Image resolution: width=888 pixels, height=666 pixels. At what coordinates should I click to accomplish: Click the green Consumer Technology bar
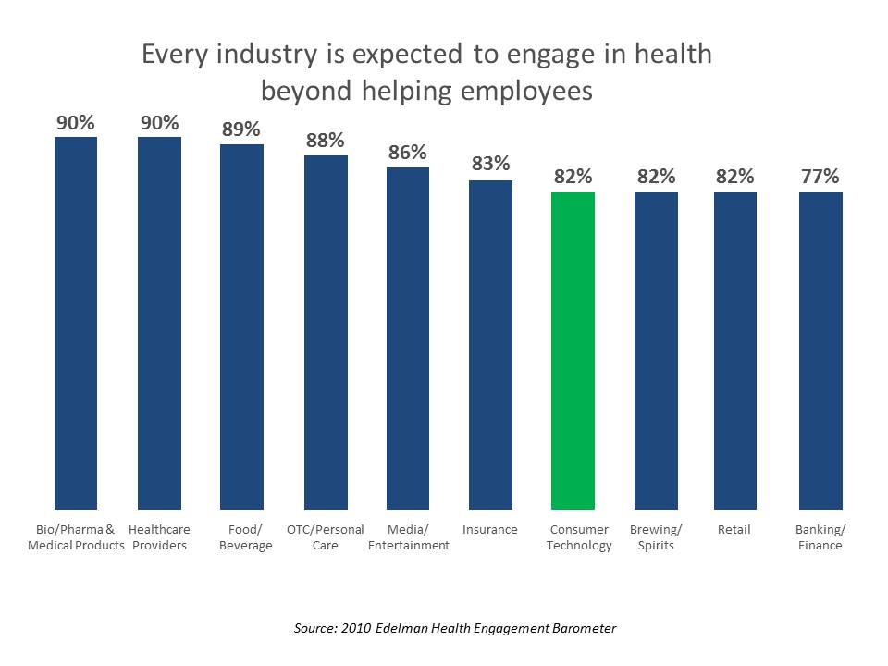point(573,351)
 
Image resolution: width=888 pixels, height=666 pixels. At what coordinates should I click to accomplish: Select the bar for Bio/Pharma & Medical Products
point(76,323)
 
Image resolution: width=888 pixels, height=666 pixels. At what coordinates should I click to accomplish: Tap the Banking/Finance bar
point(820,351)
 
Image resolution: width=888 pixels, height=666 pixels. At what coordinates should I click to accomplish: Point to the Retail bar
point(735,351)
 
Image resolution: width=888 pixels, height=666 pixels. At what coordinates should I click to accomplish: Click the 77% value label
point(820,176)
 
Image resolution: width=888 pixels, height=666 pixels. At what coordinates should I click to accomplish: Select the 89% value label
point(240,129)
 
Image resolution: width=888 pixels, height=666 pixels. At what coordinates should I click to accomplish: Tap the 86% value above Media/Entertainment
point(407,153)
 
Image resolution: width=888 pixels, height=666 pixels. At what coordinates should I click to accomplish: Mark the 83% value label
point(490,164)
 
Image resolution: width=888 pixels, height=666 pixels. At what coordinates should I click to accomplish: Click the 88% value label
point(325,141)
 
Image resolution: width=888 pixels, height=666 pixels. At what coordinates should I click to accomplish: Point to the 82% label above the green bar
point(573,176)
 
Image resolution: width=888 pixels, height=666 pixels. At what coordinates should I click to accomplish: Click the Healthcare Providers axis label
point(159,537)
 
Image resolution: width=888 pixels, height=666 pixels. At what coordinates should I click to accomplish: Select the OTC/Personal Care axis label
point(326,537)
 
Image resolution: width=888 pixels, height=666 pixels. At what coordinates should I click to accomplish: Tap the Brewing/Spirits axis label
point(656,537)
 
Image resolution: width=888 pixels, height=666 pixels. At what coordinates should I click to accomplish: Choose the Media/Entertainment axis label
point(408,537)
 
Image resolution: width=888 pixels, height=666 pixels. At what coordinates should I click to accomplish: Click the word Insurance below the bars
point(490,530)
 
